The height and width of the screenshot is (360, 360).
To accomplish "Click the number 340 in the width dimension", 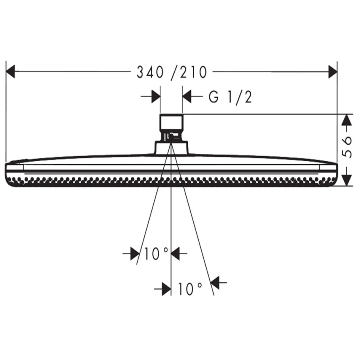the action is [150, 72].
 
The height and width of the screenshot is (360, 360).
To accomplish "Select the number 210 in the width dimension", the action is [193, 72].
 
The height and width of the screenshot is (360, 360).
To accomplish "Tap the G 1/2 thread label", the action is [230, 97].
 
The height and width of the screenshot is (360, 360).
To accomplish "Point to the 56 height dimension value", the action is [347, 147].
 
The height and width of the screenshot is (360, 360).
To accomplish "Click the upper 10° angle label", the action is [156, 254].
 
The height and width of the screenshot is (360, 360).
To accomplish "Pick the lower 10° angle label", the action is [190, 288].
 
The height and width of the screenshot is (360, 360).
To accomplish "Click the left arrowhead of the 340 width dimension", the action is [10, 72].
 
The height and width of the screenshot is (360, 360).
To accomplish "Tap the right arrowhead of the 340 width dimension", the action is [333, 72].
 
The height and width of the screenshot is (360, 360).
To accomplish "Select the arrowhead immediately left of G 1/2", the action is [187, 96].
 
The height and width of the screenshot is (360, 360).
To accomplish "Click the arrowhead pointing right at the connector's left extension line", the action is [156, 96].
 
